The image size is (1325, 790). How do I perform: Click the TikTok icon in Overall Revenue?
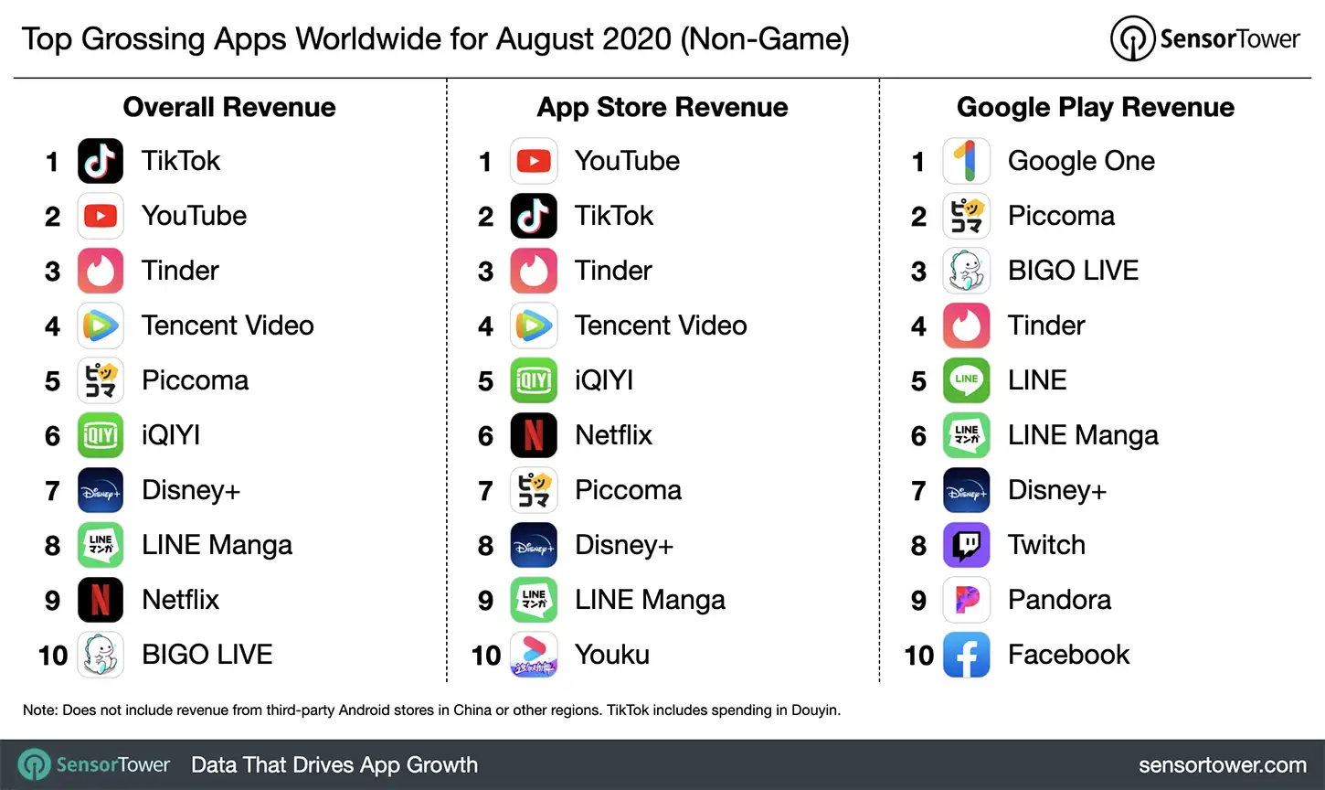pyautogui.click(x=101, y=161)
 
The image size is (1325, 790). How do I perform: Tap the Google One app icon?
pyautogui.click(x=966, y=161)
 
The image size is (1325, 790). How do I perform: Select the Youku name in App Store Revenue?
pyautogui.click(x=611, y=655)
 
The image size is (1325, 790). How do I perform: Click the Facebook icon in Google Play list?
pyautogui.click(x=966, y=655)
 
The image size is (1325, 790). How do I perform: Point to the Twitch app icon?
pyautogui.click(x=966, y=545)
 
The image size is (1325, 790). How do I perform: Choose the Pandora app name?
pyautogui.click(x=1059, y=600)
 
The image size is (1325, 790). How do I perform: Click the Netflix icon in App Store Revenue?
pyautogui.click(x=534, y=435)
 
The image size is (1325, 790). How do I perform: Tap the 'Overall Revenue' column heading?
pyautogui.click(x=229, y=107)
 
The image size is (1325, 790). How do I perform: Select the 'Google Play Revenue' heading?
pyautogui.click(x=1095, y=107)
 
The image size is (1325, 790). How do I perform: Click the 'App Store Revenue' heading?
pyautogui.click(x=662, y=107)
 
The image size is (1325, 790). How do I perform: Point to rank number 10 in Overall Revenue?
pyautogui.click(x=53, y=656)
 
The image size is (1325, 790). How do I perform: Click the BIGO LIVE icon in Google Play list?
pyautogui.click(x=966, y=271)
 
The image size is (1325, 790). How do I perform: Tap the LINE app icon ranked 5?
pyautogui.click(x=966, y=380)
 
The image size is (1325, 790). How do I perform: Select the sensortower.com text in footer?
pyautogui.click(x=1222, y=765)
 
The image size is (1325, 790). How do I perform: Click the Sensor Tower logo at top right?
pyautogui.click(x=1204, y=38)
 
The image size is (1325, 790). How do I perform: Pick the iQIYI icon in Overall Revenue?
pyautogui.click(x=101, y=435)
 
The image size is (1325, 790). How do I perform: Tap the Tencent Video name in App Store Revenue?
pyautogui.click(x=661, y=326)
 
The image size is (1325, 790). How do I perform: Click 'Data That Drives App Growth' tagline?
pyautogui.click(x=334, y=765)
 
